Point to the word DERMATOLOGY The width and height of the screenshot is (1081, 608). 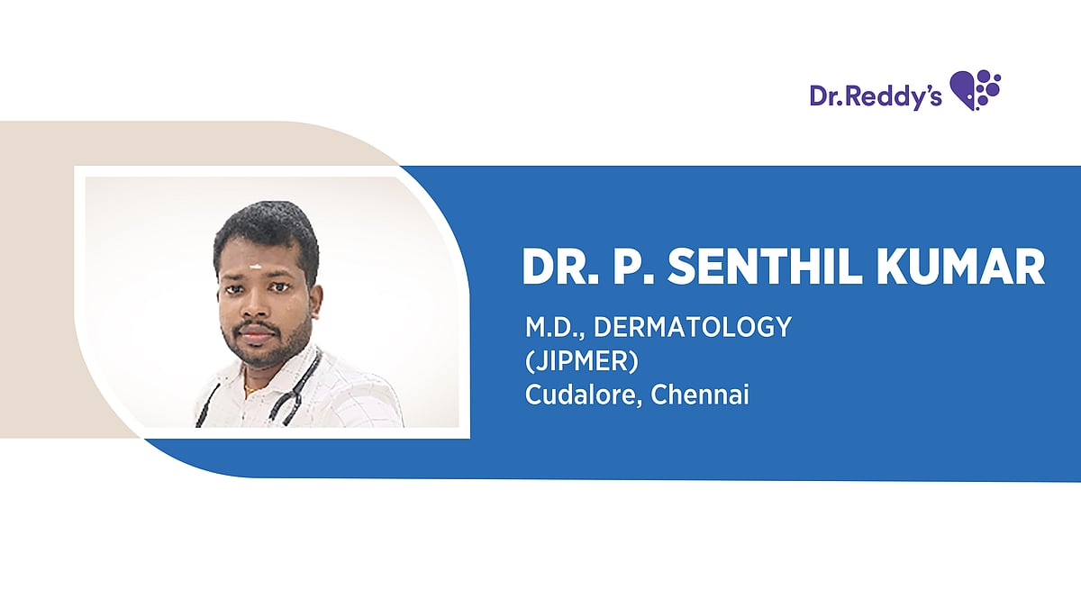(x=692, y=328)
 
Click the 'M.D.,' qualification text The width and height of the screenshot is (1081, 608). (x=554, y=328)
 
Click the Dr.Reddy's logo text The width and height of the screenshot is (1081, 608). (x=875, y=95)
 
